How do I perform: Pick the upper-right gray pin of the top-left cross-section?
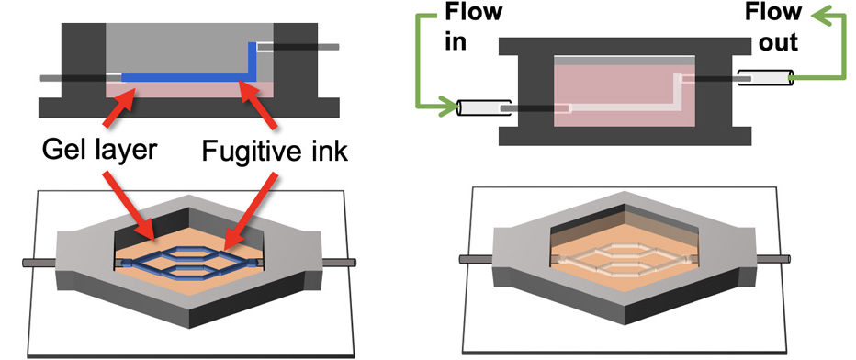coord(317,46)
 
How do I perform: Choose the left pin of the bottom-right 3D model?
coord(475,261)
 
